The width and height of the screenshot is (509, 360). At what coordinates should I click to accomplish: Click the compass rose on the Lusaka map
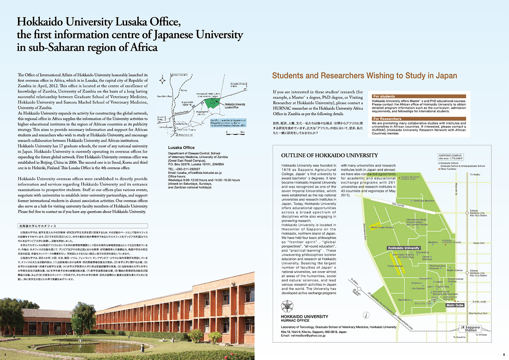point(163,80)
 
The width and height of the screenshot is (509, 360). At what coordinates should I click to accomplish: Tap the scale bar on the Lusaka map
point(235,133)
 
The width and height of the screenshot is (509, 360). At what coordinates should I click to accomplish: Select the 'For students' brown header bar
point(419,96)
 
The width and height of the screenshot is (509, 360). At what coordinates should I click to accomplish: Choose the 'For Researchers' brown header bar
point(419,119)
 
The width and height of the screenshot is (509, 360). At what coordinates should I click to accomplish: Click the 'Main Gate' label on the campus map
point(455,305)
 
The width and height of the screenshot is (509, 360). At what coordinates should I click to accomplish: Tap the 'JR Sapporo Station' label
point(470,329)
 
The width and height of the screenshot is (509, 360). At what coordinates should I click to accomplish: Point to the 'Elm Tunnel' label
point(398,205)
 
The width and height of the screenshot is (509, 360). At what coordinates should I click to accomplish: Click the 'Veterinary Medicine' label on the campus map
point(424,201)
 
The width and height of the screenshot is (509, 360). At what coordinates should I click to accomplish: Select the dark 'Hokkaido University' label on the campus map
point(404,248)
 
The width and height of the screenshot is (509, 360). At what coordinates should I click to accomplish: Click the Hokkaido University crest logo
point(287,307)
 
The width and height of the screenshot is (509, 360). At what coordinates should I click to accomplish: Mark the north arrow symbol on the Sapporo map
point(366,315)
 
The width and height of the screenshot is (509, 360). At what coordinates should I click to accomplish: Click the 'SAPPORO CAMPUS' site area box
point(450,157)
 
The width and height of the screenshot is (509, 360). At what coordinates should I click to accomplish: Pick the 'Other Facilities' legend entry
point(448,169)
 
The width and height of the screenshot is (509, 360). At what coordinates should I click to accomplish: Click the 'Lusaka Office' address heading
point(181,148)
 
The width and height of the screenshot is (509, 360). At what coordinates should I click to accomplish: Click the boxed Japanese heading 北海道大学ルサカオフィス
point(37,226)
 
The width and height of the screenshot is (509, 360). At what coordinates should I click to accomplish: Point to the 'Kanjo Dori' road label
point(479,243)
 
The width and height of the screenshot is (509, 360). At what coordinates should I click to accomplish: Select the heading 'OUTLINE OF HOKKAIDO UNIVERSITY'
point(329,156)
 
